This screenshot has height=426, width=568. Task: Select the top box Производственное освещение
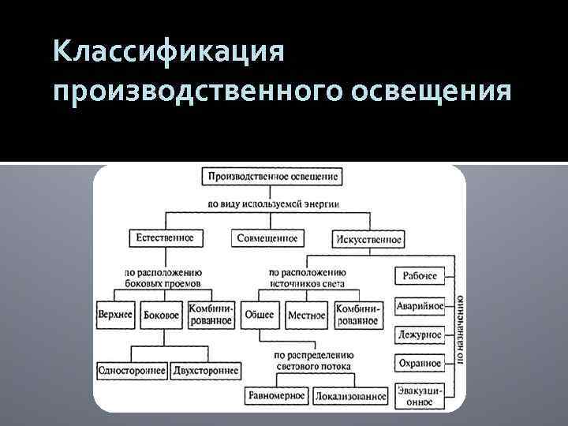coord(271,176)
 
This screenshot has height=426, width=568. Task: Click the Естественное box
coord(165,237)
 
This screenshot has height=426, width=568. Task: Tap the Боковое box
coord(162,315)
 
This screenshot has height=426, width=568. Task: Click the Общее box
coord(260,315)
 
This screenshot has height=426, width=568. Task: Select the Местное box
coord(306,315)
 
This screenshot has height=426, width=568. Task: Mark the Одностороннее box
coord(131,371)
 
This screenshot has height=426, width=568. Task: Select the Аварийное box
coord(419,305)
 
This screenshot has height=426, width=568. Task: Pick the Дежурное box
coord(419,334)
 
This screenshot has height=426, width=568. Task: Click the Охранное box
coord(419,363)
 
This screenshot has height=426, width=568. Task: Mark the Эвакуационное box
coord(419,395)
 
